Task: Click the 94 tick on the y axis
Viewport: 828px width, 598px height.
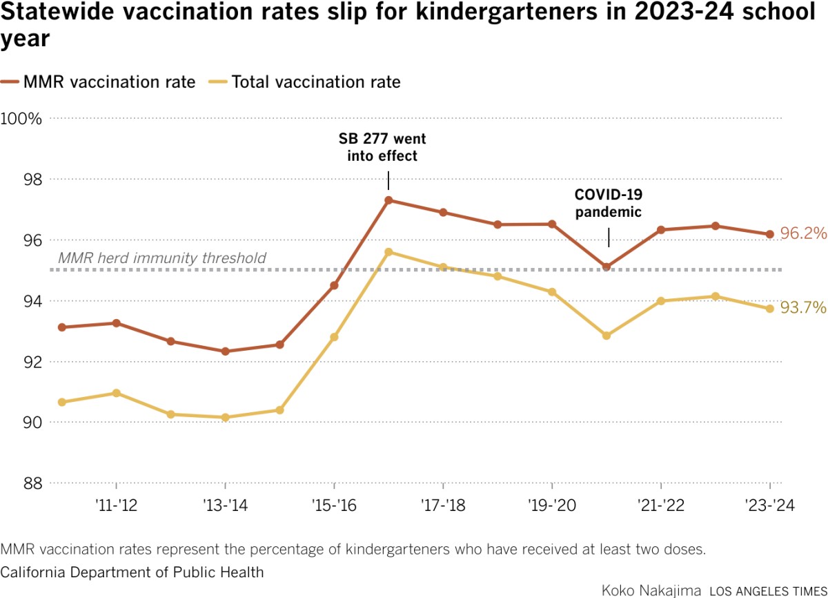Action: (32, 301)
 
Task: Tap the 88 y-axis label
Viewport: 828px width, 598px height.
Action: (32, 483)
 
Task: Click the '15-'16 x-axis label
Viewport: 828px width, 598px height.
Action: (334, 505)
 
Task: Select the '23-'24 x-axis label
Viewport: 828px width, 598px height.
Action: (770, 505)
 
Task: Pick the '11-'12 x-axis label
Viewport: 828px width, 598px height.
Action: (116, 505)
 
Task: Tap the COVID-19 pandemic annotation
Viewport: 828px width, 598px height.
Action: (608, 203)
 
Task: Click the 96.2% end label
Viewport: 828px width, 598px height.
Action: (803, 234)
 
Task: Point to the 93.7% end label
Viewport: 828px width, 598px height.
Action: (803, 308)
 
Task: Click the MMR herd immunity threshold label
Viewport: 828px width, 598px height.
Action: (162, 258)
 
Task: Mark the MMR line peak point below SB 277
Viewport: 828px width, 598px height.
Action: (388, 200)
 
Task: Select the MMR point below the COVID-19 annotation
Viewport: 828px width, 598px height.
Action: (607, 267)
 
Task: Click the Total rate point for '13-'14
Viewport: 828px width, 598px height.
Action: (225, 418)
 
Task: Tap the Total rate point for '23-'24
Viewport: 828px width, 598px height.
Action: (770, 309)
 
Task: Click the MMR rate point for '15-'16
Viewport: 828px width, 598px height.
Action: (334, 285)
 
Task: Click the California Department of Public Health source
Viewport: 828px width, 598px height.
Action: (132, 572)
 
